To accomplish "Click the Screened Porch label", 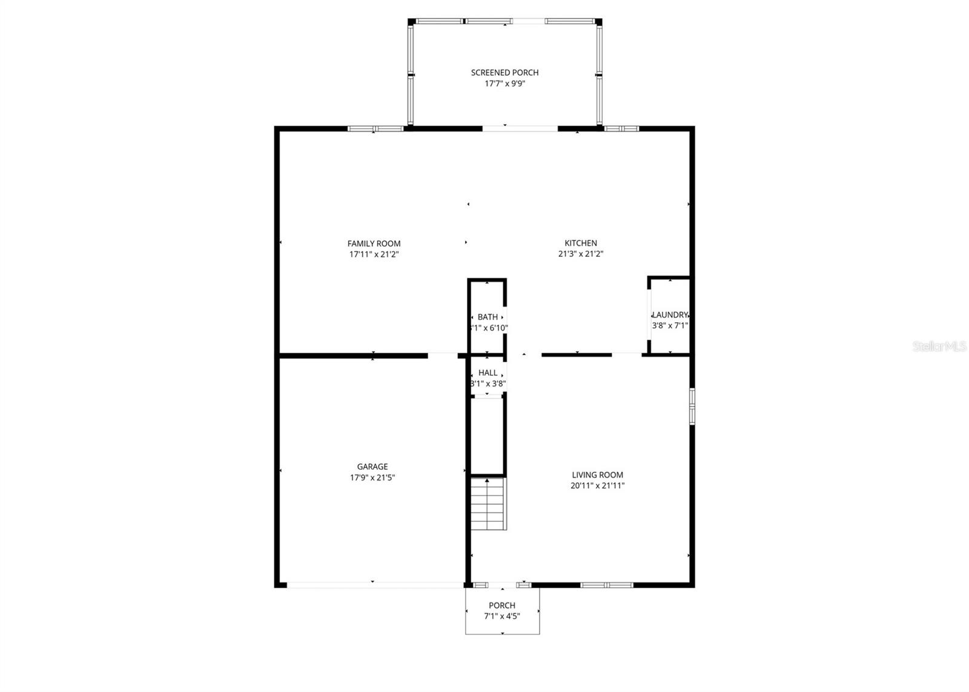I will pos(504,73).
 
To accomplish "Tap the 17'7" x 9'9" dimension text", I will pos(504,84).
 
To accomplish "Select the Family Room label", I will pos(374,244).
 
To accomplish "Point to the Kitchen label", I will pos(580,243).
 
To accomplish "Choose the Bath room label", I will pos(488,317).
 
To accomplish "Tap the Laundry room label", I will pos(670,314).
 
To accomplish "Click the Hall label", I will pos(488,373).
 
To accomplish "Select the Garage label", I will pos(372,467).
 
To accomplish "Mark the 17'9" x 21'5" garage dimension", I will pos(372,477).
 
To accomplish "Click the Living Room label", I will pos(597,475).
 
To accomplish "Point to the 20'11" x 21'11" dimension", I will pos(597,486).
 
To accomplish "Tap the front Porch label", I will pos(502,605).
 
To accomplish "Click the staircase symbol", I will pos(488,504).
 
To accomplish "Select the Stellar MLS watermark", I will pos(939,347).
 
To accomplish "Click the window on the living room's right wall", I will pos(692,406).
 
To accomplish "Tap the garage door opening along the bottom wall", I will pos(374,585).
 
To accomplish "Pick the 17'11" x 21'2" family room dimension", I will pos(374,255).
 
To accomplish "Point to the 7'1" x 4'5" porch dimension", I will pos(502,616).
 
